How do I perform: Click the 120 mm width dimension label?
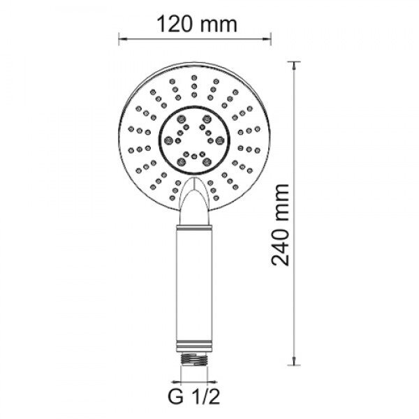click(x=197, y=24)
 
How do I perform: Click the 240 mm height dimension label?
click(x=280, y=226)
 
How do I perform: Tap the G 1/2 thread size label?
click(x=194, y=397)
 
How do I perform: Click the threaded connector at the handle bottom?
click(x=194, y=359)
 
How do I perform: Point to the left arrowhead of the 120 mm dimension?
click(x=122, y=40)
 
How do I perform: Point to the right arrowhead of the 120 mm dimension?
click(x=267, y=40)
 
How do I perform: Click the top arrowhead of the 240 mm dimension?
click(x=294, y=66)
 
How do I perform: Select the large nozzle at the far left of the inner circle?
click(x=168, y=140)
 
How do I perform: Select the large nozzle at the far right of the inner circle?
click(x=220, y=140)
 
